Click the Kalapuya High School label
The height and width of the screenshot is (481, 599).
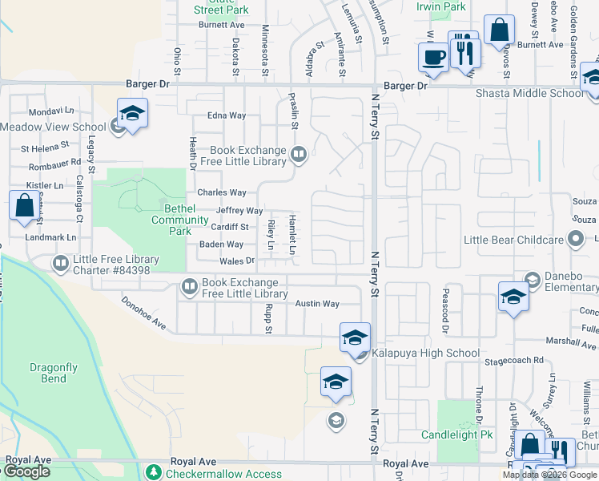tap(428, 353)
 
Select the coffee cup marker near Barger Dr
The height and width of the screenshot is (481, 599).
tap(434, 59)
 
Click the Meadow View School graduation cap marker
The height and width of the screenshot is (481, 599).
tap(133, 114)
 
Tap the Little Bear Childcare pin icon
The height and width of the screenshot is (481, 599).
tap(574, 239)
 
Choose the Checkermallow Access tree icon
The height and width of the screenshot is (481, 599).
tap(155, 472)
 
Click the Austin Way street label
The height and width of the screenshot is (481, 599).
tap(317, 304)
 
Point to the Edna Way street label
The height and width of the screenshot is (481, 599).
tap(227, 115)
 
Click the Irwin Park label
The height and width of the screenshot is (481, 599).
tap(441, 6)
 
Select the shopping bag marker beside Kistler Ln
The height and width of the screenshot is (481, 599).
tap(24, 205)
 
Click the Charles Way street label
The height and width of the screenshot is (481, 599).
tap(222, 192)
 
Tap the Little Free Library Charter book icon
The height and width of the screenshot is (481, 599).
tap(61, 263)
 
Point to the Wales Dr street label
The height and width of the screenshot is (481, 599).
tap(238, 261)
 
